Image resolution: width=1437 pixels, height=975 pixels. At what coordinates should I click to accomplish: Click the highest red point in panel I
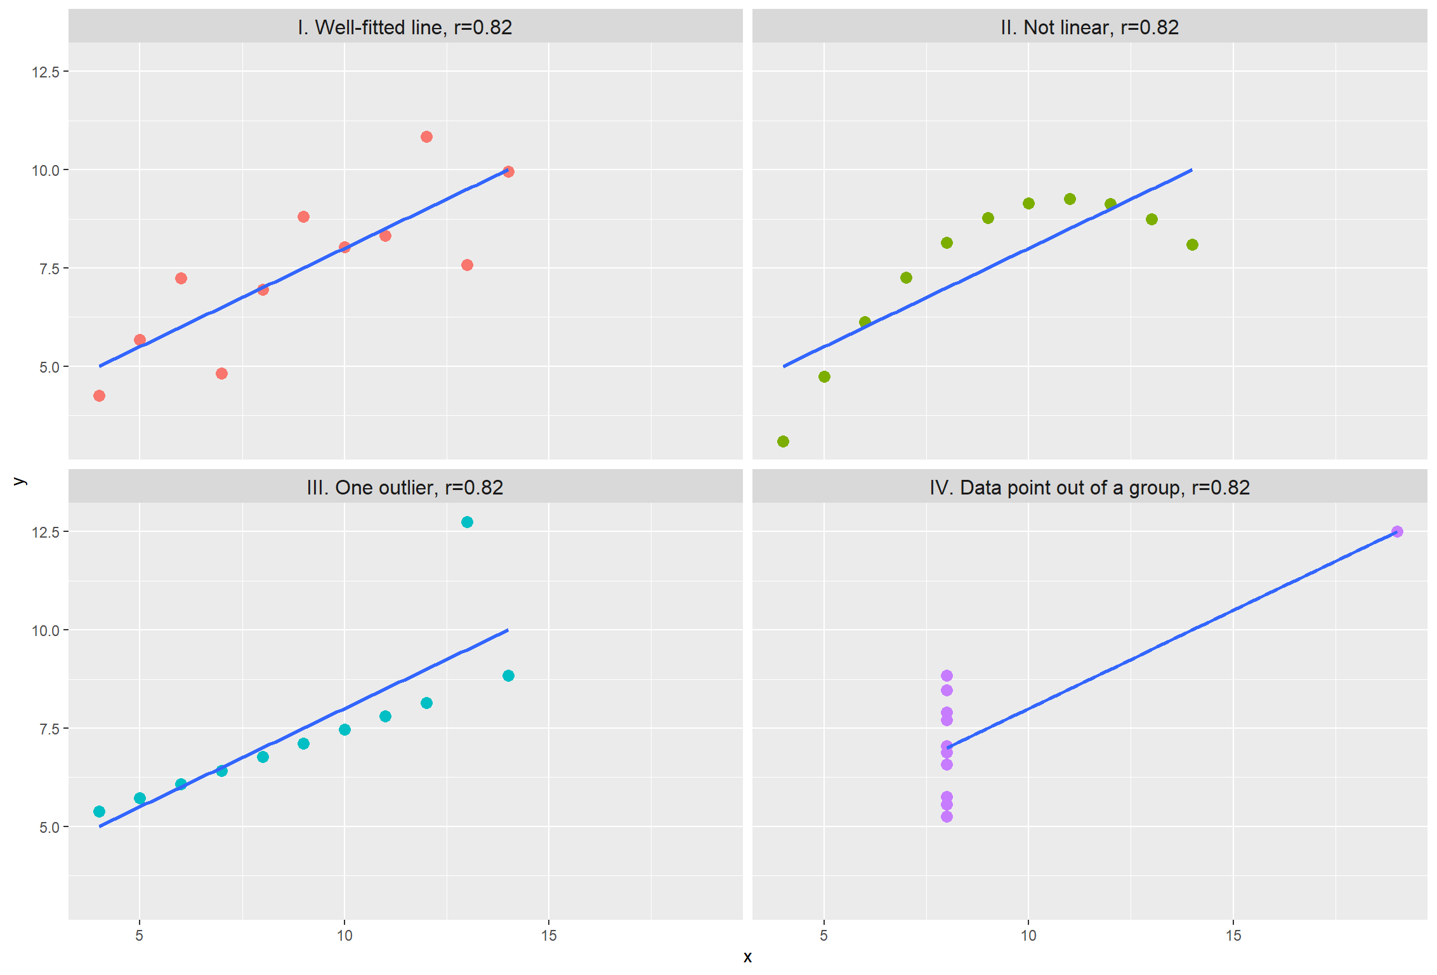pyautogui.click(x=426, y=137)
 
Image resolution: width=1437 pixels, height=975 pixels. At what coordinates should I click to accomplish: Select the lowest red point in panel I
pyautogui.click(x=99, y=396)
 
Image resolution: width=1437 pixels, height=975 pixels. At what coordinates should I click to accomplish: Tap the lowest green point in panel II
pyautogui.click(x=783, y=442)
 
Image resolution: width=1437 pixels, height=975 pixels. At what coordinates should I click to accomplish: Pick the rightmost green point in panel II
pyautogui.click(x=1192, y=245)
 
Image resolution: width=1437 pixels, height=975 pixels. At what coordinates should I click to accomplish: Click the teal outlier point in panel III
pyautogui.click(x=467, y=522)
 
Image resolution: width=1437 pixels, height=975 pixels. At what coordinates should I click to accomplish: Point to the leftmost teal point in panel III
pyautogui.click(x=99, y=812)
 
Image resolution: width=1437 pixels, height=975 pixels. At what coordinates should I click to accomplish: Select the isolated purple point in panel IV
pyautogui.click(x=1397, y=532)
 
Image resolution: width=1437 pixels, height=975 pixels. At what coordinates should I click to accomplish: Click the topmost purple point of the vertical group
pyautogui.click(x=947, y=676)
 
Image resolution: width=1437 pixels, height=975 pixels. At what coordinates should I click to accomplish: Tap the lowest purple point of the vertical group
pyautogui.click(x=947, y=817)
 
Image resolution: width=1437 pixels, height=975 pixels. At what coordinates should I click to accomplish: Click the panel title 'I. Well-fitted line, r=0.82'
pyautogui.click(x=405, y=27)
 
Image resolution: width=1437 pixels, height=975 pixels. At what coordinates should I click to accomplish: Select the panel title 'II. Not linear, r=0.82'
pyautogui.click(x=1089, y=27)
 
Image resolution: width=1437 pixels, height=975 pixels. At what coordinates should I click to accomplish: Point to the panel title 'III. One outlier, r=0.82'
pyautogui.click(x=405, y=487)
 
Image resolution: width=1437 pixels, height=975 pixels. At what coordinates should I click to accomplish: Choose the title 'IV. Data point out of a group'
pyautogui.click(x=1089, y=487)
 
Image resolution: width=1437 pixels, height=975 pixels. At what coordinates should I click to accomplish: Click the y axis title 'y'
pyautogui.click(x=20, y=481)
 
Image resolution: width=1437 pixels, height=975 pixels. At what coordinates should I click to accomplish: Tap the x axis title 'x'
pyautogui.click(x=747, y=957)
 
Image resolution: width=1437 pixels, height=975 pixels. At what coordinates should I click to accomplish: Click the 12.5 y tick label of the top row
pyautogui.click(x=46, y=72)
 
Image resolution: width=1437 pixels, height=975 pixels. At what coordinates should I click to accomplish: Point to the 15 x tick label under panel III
pyautogui.click(x=549, y=936)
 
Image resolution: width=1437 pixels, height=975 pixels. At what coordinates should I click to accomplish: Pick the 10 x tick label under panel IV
pyautogui.click(x=1028, y=936)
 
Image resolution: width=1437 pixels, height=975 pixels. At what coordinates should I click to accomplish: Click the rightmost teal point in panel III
pyautogui.click(x=508, y=676)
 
